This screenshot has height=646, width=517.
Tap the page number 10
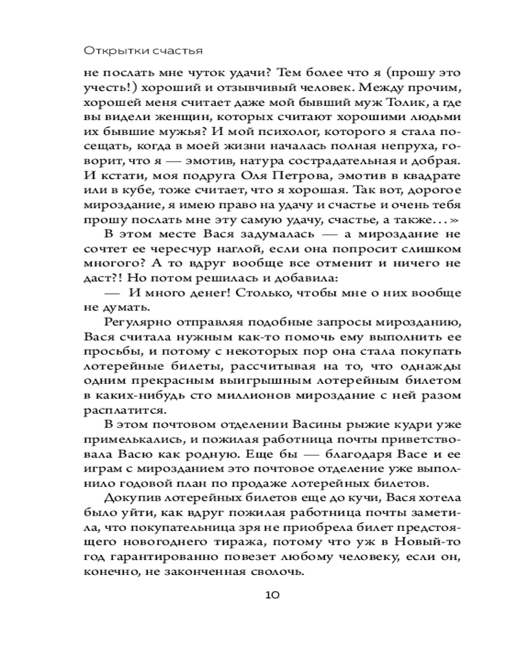coord(271,595)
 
